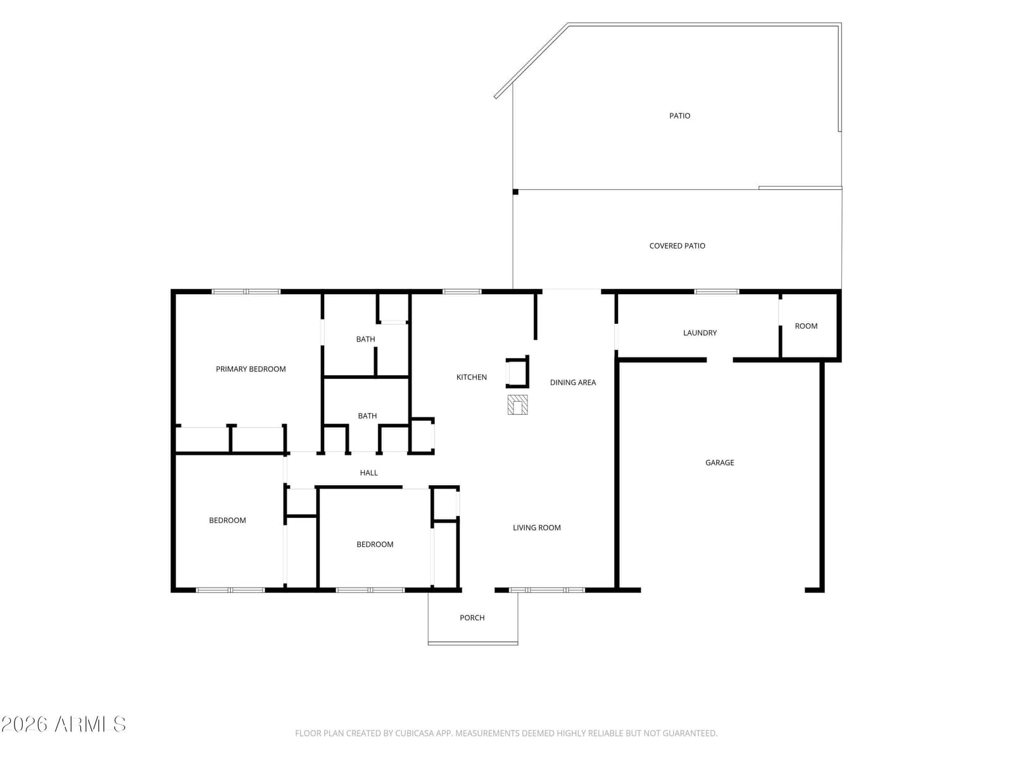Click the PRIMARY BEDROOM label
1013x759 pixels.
tap(251, 369)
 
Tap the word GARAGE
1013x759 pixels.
tap(719, 462)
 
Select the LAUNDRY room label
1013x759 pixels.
tap(700, 333)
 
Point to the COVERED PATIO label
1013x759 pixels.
tap(677, 245)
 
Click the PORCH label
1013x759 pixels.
tap(472, 617)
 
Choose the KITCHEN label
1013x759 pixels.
tap(471, 377)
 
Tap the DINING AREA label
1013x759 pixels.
tap(573, 382)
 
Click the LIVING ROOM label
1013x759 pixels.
tap(537, 528)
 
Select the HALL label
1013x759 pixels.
tap(368, 472)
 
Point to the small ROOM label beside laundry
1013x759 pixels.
tap(806, 326)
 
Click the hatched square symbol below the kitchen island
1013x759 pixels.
tap(517, 405)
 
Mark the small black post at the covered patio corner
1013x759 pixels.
tap(515, 192)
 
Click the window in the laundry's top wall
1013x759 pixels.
tap(716, 291)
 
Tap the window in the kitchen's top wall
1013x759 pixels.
tap(462, 291)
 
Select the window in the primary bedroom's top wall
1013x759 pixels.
tap(246, 291)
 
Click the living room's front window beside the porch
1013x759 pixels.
tap(547, 590)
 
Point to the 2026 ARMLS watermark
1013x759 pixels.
tap(63, 724)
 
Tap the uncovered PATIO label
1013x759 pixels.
tap(679, 116)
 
